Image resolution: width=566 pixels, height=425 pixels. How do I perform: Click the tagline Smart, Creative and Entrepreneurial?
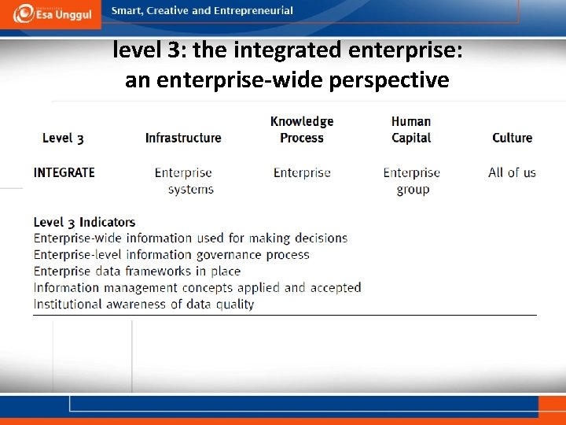point(203,11)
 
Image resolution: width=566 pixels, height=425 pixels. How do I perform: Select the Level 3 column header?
point(63,138)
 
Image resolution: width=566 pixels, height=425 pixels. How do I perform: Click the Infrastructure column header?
point(183,138)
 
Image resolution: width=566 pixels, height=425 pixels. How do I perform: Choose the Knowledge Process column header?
point(302,129)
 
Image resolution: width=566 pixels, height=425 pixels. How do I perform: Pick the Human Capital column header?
point(411,129)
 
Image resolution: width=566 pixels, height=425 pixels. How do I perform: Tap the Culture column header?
point(512,138)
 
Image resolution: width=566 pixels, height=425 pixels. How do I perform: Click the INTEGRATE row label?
point(64,172)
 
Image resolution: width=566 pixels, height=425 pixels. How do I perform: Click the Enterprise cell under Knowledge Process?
point(302,173)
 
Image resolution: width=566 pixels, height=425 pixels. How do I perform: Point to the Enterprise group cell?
point(412,181)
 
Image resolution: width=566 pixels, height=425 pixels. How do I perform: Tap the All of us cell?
point(512,172)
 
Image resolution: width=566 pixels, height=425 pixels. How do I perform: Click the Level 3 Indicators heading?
point(84,222)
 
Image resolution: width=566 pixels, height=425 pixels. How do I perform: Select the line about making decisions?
point(190,238)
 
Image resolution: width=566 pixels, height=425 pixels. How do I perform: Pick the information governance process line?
point(171,254)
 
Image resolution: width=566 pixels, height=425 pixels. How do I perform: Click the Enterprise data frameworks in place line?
point(137,271)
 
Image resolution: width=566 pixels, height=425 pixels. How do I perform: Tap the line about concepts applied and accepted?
point(197,287)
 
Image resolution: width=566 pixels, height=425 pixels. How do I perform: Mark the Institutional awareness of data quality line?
point(144,304)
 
